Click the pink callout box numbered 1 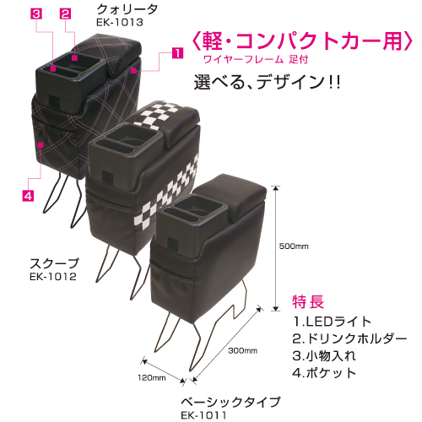tap(177, 53)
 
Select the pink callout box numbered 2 tap(65, 14)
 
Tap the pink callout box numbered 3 tap(36, 14)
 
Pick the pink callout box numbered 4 tap(28, 196)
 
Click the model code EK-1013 tap(120, 23)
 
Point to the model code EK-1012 tap(53, 277)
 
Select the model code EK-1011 tap(203, 415)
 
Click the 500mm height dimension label tap(294, 246)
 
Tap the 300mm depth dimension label tap(242, 351)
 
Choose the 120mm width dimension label tap(152, 377)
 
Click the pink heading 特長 tap(308, 301)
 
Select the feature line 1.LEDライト tap(333, 322)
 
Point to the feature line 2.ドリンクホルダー tap(349, 338)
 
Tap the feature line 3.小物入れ tap(324, 356)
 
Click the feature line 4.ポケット tap(324, 373)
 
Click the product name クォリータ tap(127, 10)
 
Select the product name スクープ tap(54, 263)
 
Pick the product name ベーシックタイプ tap(230, 402)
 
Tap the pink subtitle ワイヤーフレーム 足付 tap(256, 59)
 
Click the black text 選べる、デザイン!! tap(268, 82)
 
